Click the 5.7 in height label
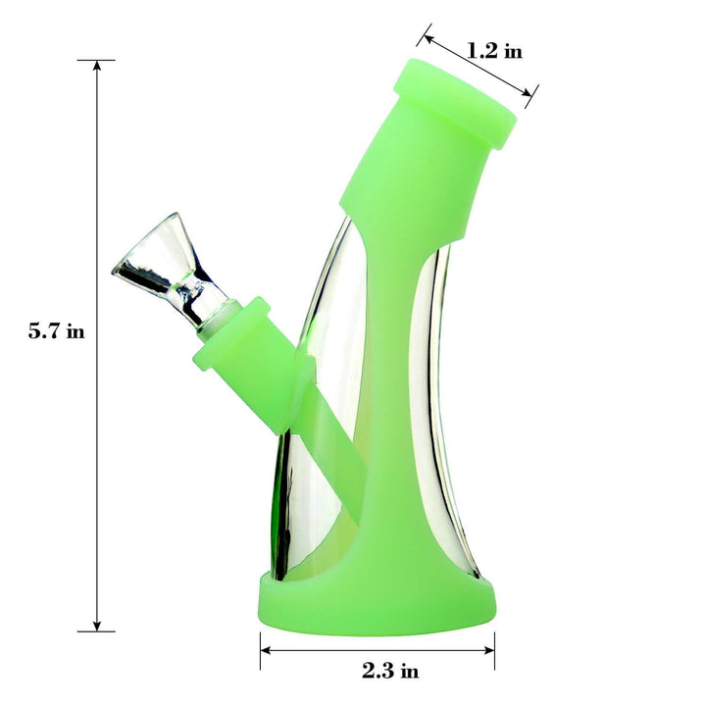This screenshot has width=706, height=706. pyautogui.click(x=56, y=331)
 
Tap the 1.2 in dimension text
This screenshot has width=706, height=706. pyautogui.click(x=493, y=50)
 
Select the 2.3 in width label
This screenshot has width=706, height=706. pyautogui.click(x=389, y=671)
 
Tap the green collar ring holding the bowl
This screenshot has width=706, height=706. pyautogui.click(x=233, y=324)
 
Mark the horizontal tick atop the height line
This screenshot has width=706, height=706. pyautogui.click(x=96, y=60)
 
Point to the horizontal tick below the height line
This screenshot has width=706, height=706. pyautogui.click(x=96, y=631)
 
